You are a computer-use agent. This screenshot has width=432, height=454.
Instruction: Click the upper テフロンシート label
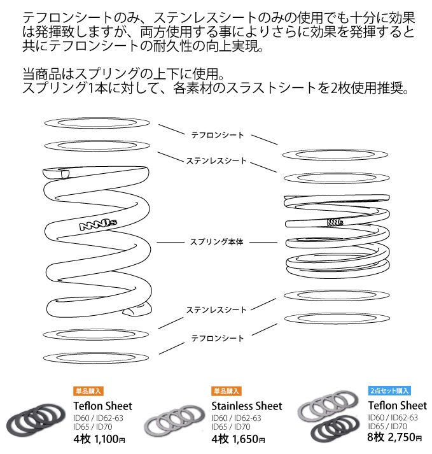tap(218, 135)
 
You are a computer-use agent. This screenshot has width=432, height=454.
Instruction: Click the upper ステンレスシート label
tap(218, 161)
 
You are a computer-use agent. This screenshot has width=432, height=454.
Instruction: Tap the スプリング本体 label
tap(218, 243)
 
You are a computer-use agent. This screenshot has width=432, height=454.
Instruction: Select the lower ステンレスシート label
tap(216, 310)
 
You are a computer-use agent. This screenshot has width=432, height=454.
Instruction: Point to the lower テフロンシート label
tap(218, 339)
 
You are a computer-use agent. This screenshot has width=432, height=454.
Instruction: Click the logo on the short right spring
tap(335, 222)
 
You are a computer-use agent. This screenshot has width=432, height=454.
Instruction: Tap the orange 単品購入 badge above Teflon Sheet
tap(88, 391)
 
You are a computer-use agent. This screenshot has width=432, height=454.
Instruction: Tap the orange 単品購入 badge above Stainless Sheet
tap(226, 391)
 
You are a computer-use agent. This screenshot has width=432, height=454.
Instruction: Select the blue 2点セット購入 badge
tap(389, 391)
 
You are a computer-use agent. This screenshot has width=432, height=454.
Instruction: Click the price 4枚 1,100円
tap(100, 439)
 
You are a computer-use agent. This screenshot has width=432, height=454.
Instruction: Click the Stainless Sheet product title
tap(246, 406)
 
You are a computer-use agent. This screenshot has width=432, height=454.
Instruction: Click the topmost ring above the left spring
tap(97, 124)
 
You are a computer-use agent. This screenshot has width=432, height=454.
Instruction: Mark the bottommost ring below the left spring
tap(97, 356)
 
